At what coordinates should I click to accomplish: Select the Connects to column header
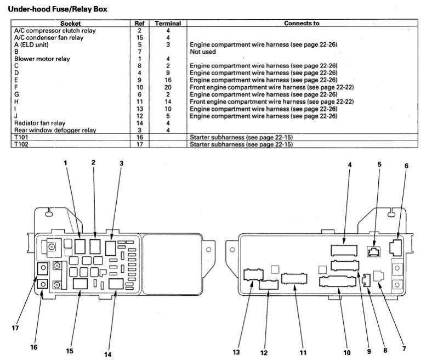302,24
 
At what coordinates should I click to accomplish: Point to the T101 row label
21,137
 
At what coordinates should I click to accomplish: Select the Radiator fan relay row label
39,123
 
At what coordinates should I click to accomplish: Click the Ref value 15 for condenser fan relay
139,37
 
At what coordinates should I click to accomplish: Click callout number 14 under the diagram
107,355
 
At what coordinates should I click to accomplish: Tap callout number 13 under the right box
237,352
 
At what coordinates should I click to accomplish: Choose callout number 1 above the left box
65,162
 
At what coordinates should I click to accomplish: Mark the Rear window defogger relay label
55,130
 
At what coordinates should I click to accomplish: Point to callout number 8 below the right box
384,349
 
